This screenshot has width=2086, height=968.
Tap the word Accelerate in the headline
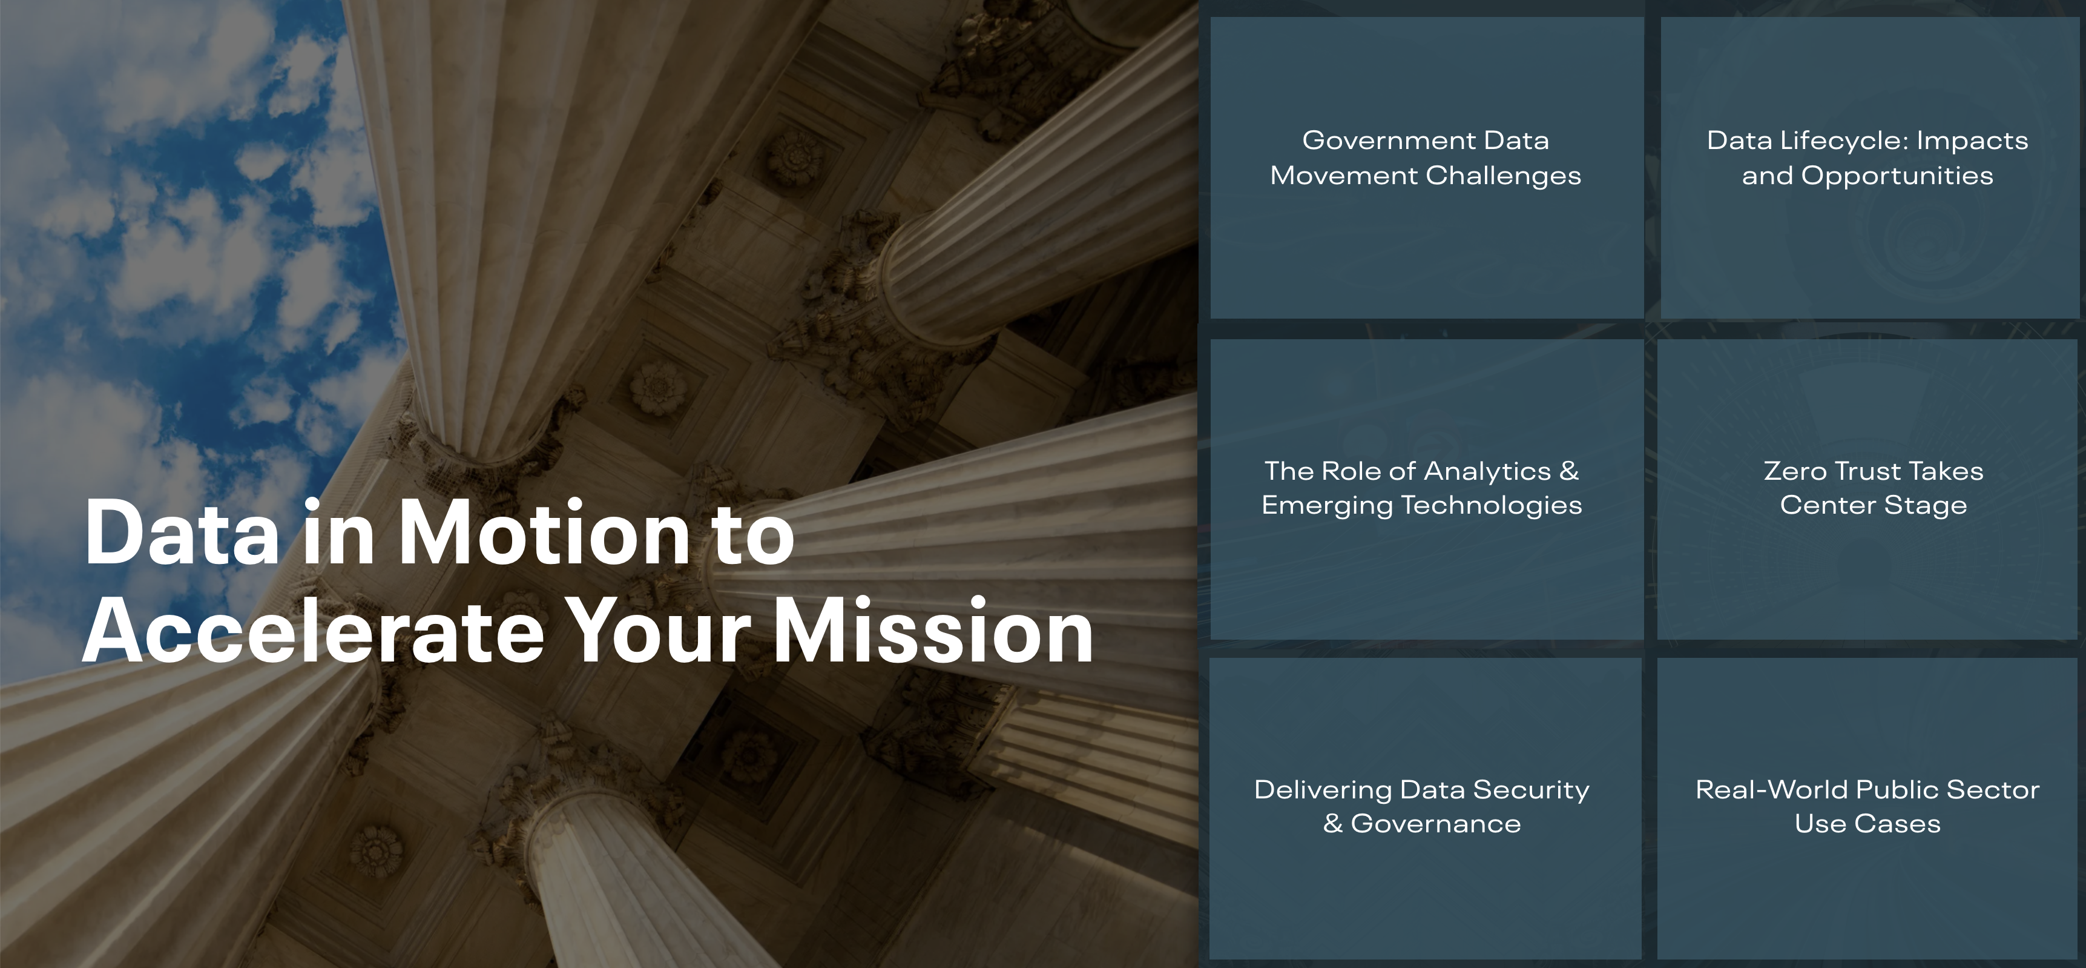point(314,632)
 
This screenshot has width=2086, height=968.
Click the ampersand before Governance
point(1333,824)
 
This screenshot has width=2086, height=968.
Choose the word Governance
point(1436,824)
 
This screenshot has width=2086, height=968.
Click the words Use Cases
point(1867,824)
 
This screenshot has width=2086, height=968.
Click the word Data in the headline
point(182,533)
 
